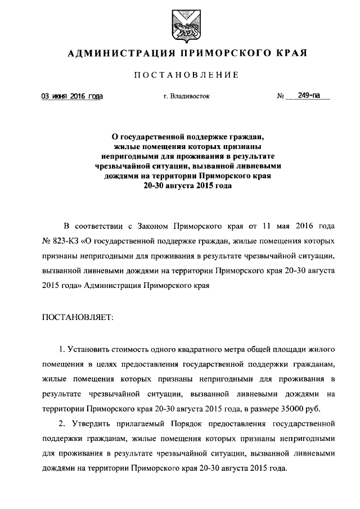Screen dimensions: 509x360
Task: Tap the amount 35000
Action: coord(304,408)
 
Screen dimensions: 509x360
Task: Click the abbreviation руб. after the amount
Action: coord(329,408)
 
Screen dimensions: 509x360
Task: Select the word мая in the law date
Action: coord(285,227)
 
